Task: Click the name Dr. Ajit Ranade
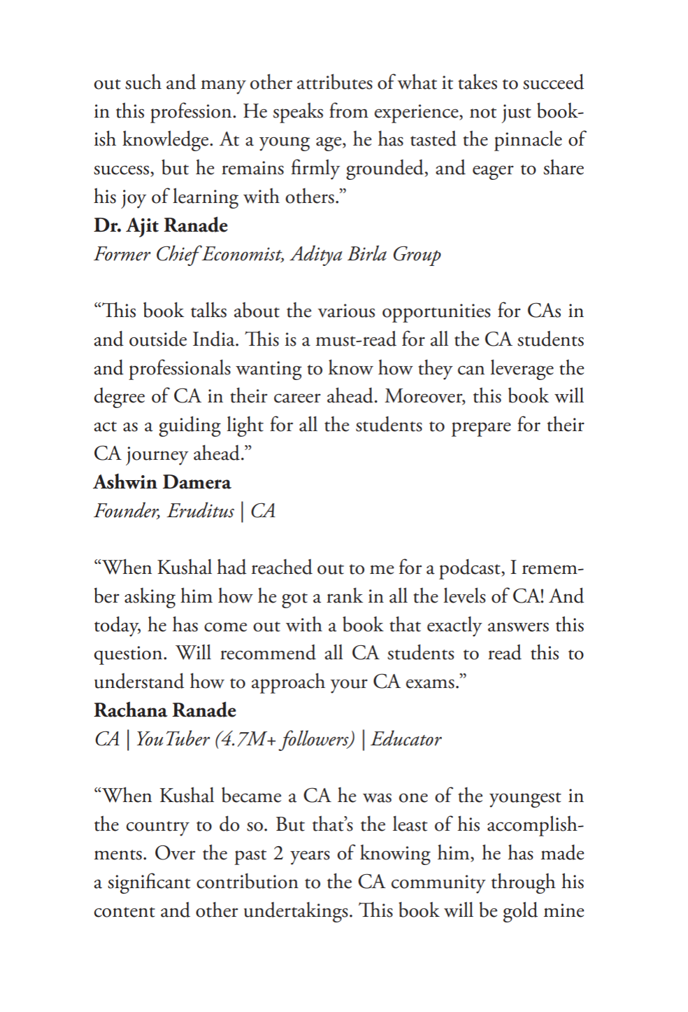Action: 161,226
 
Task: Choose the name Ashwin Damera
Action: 162,483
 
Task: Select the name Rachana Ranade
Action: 165,711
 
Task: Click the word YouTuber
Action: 173,740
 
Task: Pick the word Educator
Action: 406,740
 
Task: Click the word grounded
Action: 383,169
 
